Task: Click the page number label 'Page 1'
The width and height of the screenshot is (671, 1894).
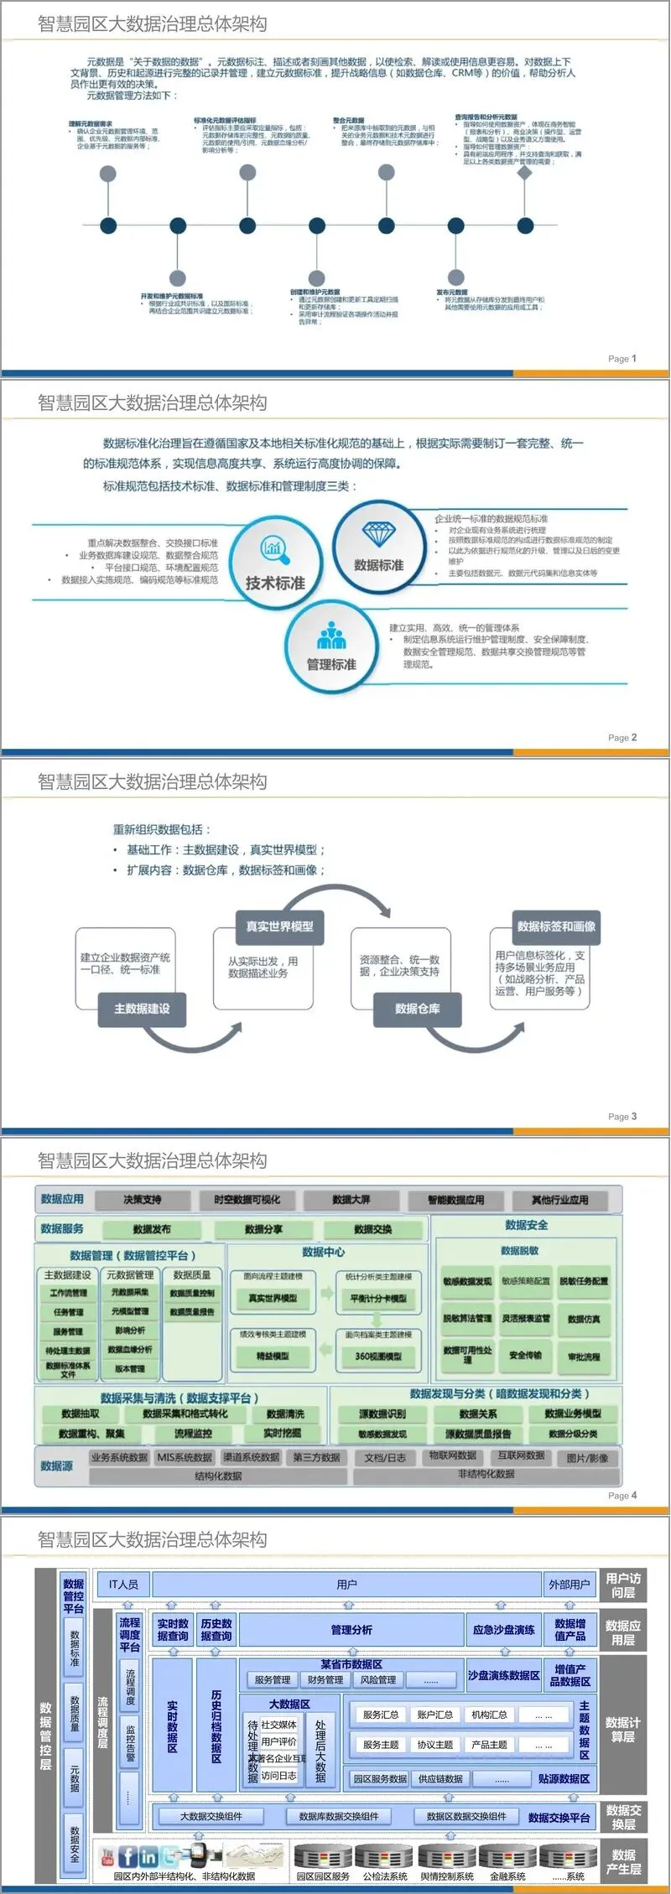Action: (622, 358)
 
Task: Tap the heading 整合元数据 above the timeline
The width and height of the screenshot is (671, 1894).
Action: (349, 121)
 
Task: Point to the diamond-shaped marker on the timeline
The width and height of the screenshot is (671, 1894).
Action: (525, 173)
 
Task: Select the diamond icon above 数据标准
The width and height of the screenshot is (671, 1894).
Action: (379, 532)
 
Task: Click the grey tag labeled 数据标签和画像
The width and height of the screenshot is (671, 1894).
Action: (556, 926)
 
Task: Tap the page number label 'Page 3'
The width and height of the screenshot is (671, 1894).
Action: (622, 1116)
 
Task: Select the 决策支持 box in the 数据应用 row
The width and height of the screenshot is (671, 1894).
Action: (143, 1200)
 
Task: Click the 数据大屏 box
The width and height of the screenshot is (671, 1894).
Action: (351, 1200)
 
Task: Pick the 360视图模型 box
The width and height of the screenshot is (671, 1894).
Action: (377, 1356)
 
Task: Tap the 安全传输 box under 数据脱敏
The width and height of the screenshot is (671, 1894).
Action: (525, 1355)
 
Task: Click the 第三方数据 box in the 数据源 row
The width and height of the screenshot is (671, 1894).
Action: (317, 1457)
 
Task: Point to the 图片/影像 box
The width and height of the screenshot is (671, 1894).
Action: (587, 1458)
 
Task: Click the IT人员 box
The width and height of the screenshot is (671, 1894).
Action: (123, 1585)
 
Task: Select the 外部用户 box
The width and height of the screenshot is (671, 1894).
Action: (570, 1585)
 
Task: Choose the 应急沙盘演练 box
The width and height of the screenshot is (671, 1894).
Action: (503, 1630)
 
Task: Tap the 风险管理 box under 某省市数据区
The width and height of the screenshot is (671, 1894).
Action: (378, 1679)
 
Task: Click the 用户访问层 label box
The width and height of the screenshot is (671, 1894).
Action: (623, 1585)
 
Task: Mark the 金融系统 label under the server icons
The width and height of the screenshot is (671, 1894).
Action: (507, 1876)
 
